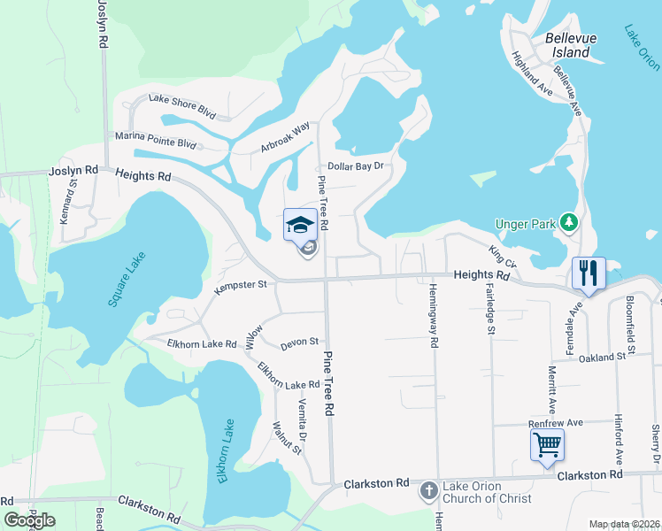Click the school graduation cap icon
(x=300, y=224)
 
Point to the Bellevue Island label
(x=567, y=46)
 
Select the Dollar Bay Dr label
(x=358, y=166)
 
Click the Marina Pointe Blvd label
(x=155, y=138)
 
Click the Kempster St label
(x=241, y=285)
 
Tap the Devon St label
(x=299, y=341)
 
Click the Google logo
(x=29, y=520)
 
